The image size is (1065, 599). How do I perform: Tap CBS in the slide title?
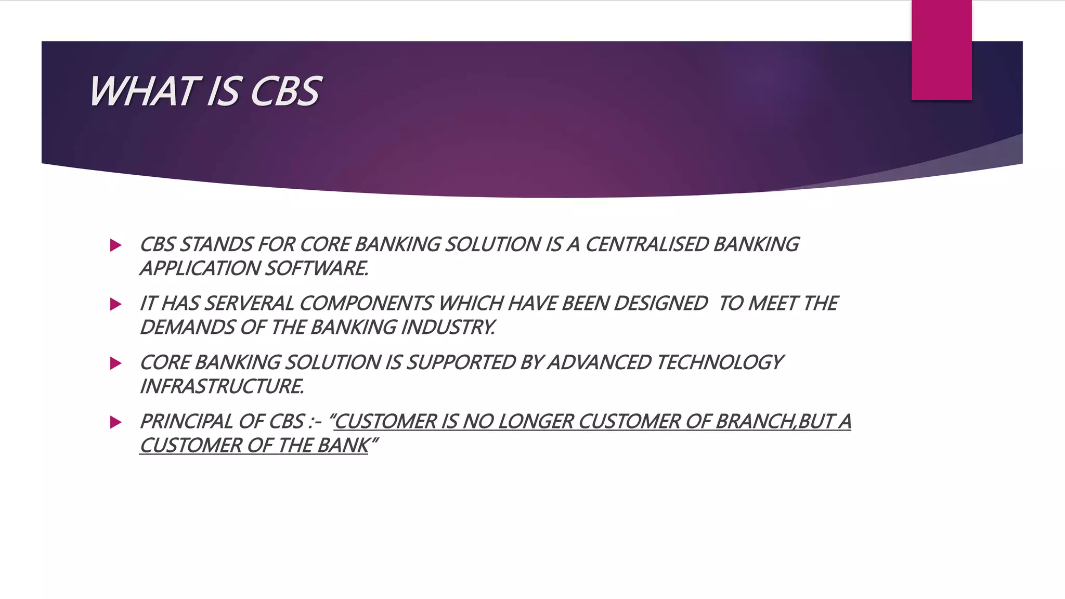tap(285, 92)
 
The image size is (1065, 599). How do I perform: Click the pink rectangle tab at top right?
tap(941, 50)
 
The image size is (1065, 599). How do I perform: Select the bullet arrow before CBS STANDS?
tap(116, 245)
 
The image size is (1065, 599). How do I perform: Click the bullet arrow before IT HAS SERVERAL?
tap(116, 304)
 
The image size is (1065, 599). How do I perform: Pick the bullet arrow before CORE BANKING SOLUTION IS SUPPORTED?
tap(116, 363)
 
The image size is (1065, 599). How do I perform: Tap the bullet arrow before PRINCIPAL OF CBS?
tap(116, 422)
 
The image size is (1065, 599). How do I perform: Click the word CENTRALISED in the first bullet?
tap(647, 244)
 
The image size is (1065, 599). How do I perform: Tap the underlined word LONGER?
tap(535, 421)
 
